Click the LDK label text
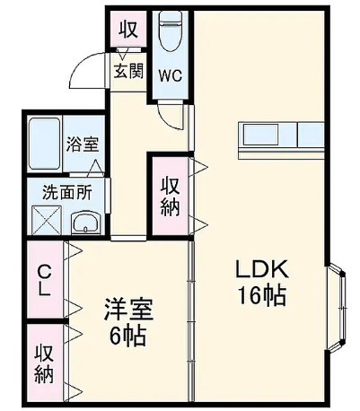click(260, 269)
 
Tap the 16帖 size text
click(261, 295)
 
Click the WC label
click(171, 76)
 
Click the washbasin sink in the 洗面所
click(87, 222)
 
